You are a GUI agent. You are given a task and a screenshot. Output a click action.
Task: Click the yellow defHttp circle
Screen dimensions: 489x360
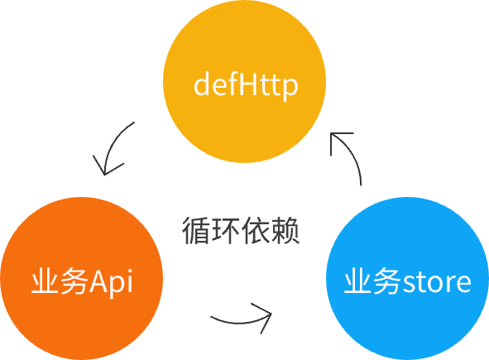(x=245, y=81)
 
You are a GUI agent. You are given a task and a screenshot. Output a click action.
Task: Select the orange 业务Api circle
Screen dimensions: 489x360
(x=81, y=278)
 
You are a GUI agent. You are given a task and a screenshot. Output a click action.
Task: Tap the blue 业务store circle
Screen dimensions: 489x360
(x=407, y=278)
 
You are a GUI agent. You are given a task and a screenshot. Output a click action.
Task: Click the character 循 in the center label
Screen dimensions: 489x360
(x=196, y=231)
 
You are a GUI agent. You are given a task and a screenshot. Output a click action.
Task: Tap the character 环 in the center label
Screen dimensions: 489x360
(x=226, y=231)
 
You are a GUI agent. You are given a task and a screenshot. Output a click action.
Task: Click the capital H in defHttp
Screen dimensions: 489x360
(x=249, y=84)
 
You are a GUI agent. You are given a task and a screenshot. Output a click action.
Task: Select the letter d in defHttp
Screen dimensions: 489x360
(x=202, y=84)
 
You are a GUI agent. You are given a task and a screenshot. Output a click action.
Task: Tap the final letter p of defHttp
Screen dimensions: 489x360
(x=290, y=89)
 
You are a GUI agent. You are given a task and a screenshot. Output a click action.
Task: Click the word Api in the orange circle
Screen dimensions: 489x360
(x=111, y=283)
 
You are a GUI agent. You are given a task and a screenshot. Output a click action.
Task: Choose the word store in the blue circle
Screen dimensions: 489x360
(x=437, y=282)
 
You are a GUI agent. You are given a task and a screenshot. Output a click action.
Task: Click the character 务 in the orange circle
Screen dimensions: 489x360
(x=74, y=281)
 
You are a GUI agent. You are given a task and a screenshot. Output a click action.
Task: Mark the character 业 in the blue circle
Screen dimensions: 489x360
(x=357, y=281)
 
